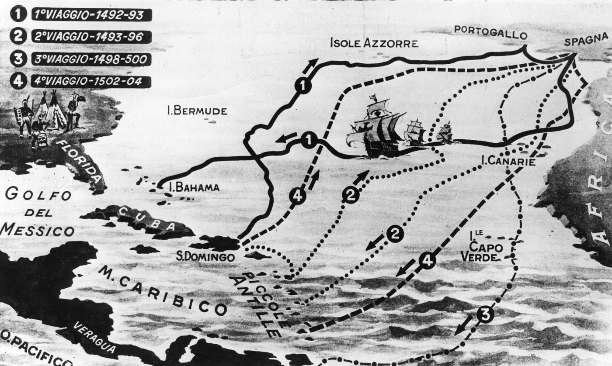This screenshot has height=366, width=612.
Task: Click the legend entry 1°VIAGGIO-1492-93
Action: pos(91,15)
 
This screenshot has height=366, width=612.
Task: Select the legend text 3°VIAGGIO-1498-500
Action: pos(91,59)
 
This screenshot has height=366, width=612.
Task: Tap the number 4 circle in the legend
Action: pos(18,81)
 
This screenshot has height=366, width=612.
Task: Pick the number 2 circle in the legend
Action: pos(18,36)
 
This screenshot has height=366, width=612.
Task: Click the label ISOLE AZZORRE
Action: pos(374,43)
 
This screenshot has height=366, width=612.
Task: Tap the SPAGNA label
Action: pos(586,41)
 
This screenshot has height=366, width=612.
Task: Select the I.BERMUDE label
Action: pos(197,111)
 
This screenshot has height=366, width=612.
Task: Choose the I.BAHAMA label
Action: pos(194,188)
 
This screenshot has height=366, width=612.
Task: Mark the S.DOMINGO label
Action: pos(205,257)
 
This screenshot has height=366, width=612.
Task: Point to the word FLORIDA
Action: pos(85,161)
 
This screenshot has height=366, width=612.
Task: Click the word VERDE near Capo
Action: pos(479,257)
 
